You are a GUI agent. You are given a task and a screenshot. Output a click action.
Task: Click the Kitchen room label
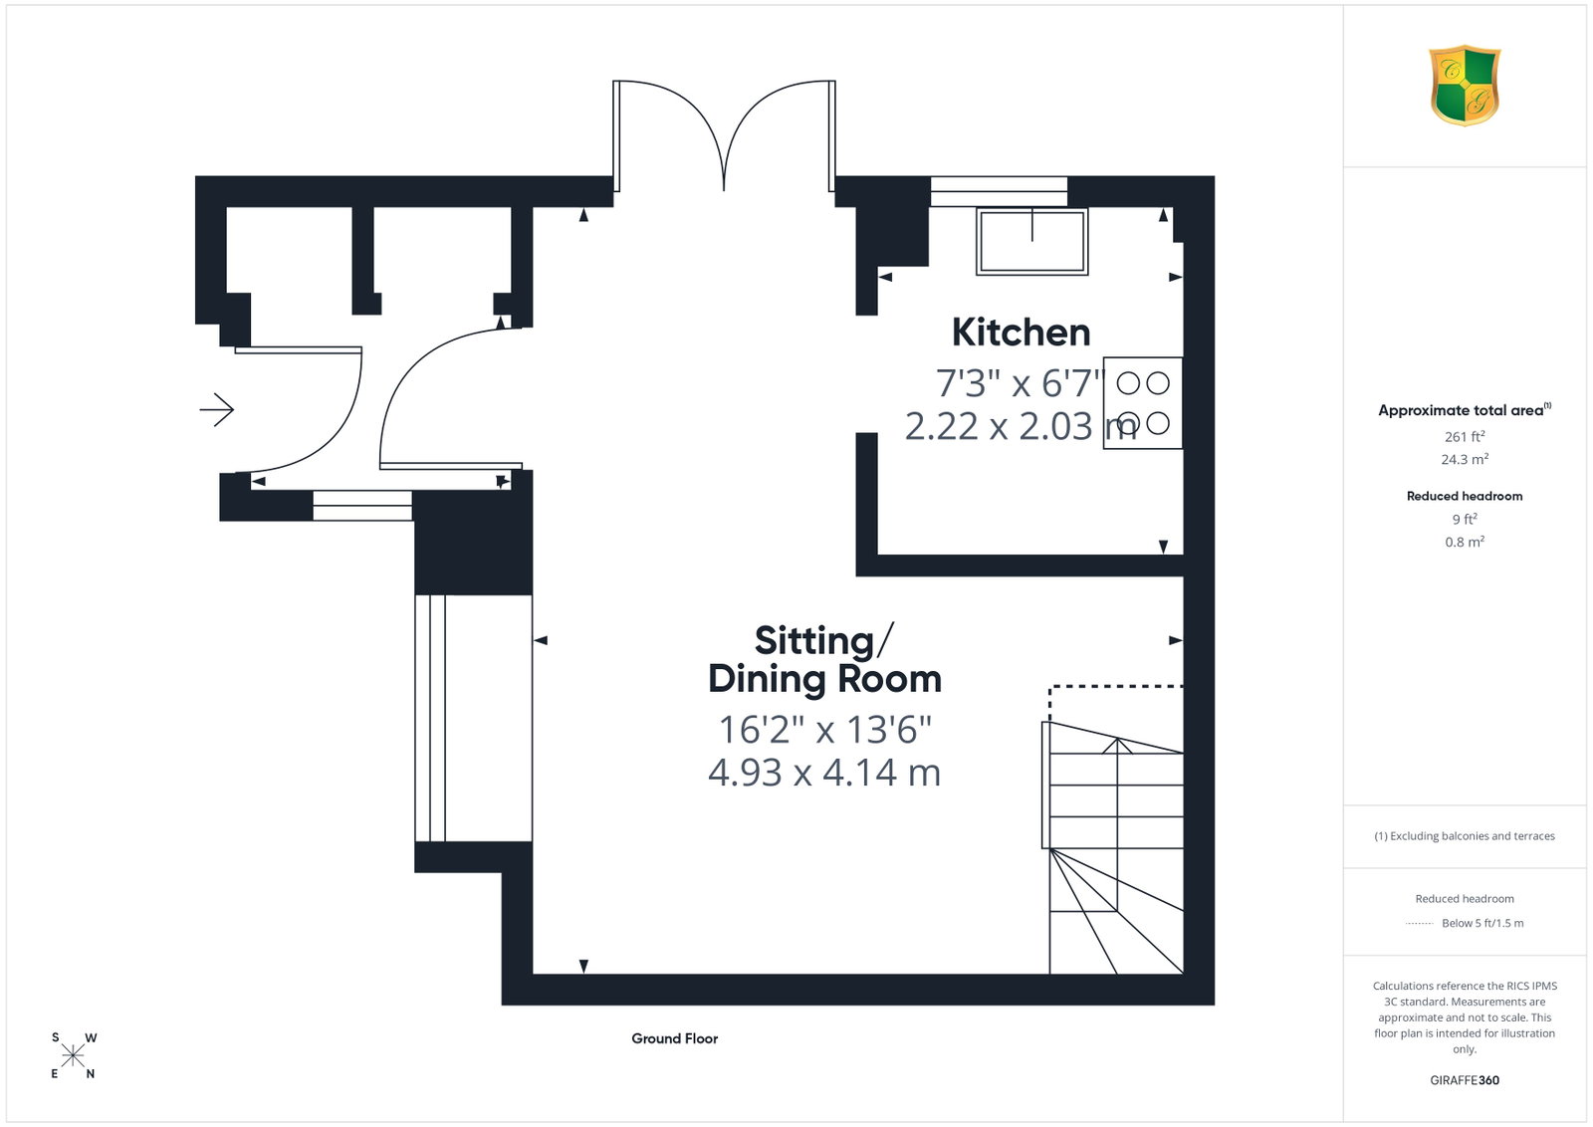click(1021, 333)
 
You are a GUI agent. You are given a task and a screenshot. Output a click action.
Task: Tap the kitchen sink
click(1031, 241)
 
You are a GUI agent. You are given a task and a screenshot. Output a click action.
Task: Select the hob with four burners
click(1143, 403)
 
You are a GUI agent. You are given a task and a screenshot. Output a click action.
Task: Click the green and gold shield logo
click(1465, 86)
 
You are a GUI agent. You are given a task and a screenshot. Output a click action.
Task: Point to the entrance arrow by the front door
click(217, 409)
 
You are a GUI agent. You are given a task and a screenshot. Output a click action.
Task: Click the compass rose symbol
click(73, 1056)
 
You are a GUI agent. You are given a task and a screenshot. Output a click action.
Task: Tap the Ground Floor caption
click(674, 1038)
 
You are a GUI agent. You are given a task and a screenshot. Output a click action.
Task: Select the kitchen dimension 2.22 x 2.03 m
click(1021, 427)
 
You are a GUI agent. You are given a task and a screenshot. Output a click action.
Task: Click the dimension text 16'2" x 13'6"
click(825, 730)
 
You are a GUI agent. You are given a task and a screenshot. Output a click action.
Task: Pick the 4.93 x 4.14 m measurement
click(824, 773)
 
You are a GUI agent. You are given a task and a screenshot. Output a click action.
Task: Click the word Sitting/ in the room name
click(823, 640)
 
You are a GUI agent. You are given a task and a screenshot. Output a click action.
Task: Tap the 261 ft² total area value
click(1465, 437)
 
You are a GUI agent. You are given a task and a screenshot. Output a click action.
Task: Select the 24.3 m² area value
click(1465, 459)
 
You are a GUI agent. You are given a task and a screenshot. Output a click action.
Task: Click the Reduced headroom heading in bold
click(1465, 497)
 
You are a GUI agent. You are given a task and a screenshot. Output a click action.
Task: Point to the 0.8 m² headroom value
click(1465, 542)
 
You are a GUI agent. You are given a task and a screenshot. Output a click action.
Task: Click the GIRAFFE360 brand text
click(1465, 1081)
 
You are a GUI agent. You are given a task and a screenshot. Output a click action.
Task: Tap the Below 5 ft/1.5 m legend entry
click(1482, 924)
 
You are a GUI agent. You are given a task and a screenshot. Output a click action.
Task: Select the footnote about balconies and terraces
click(1465, 836)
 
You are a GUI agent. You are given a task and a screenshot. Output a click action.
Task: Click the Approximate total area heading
click(1465, 410)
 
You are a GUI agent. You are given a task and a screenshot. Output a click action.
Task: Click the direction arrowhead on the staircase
click(1117, 745)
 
